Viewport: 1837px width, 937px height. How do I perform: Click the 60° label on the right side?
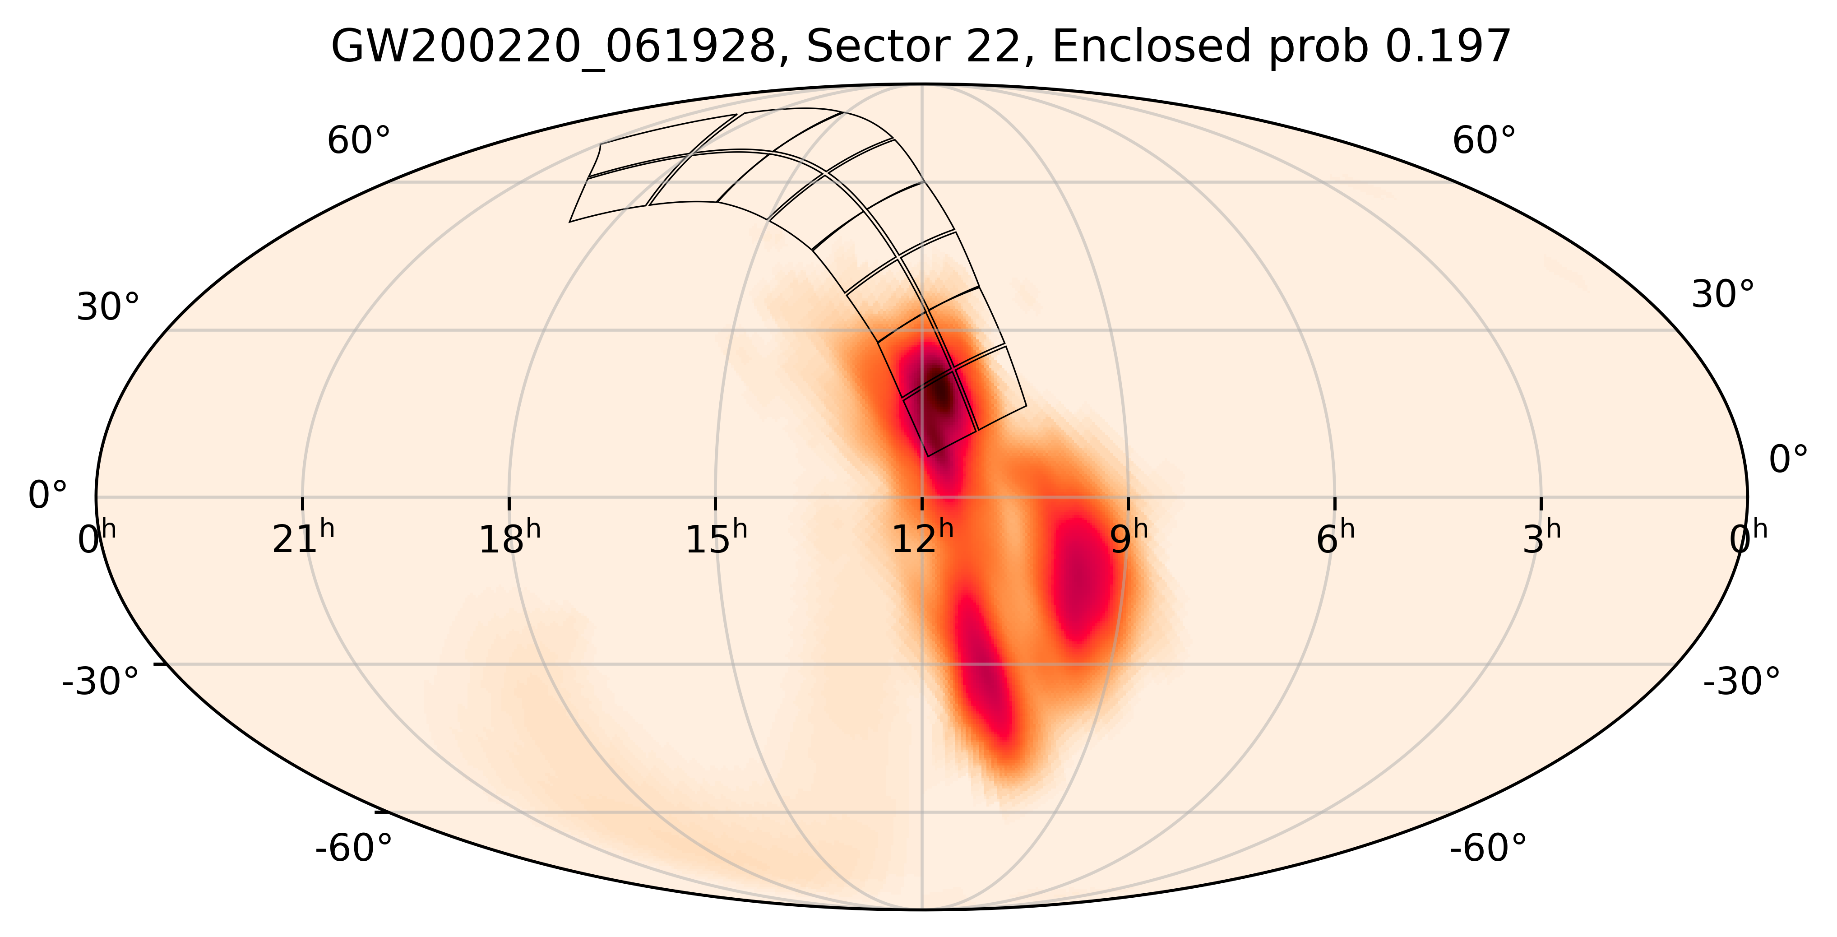coord(1484,141)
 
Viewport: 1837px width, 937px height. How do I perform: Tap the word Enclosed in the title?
coord(1151,48)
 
